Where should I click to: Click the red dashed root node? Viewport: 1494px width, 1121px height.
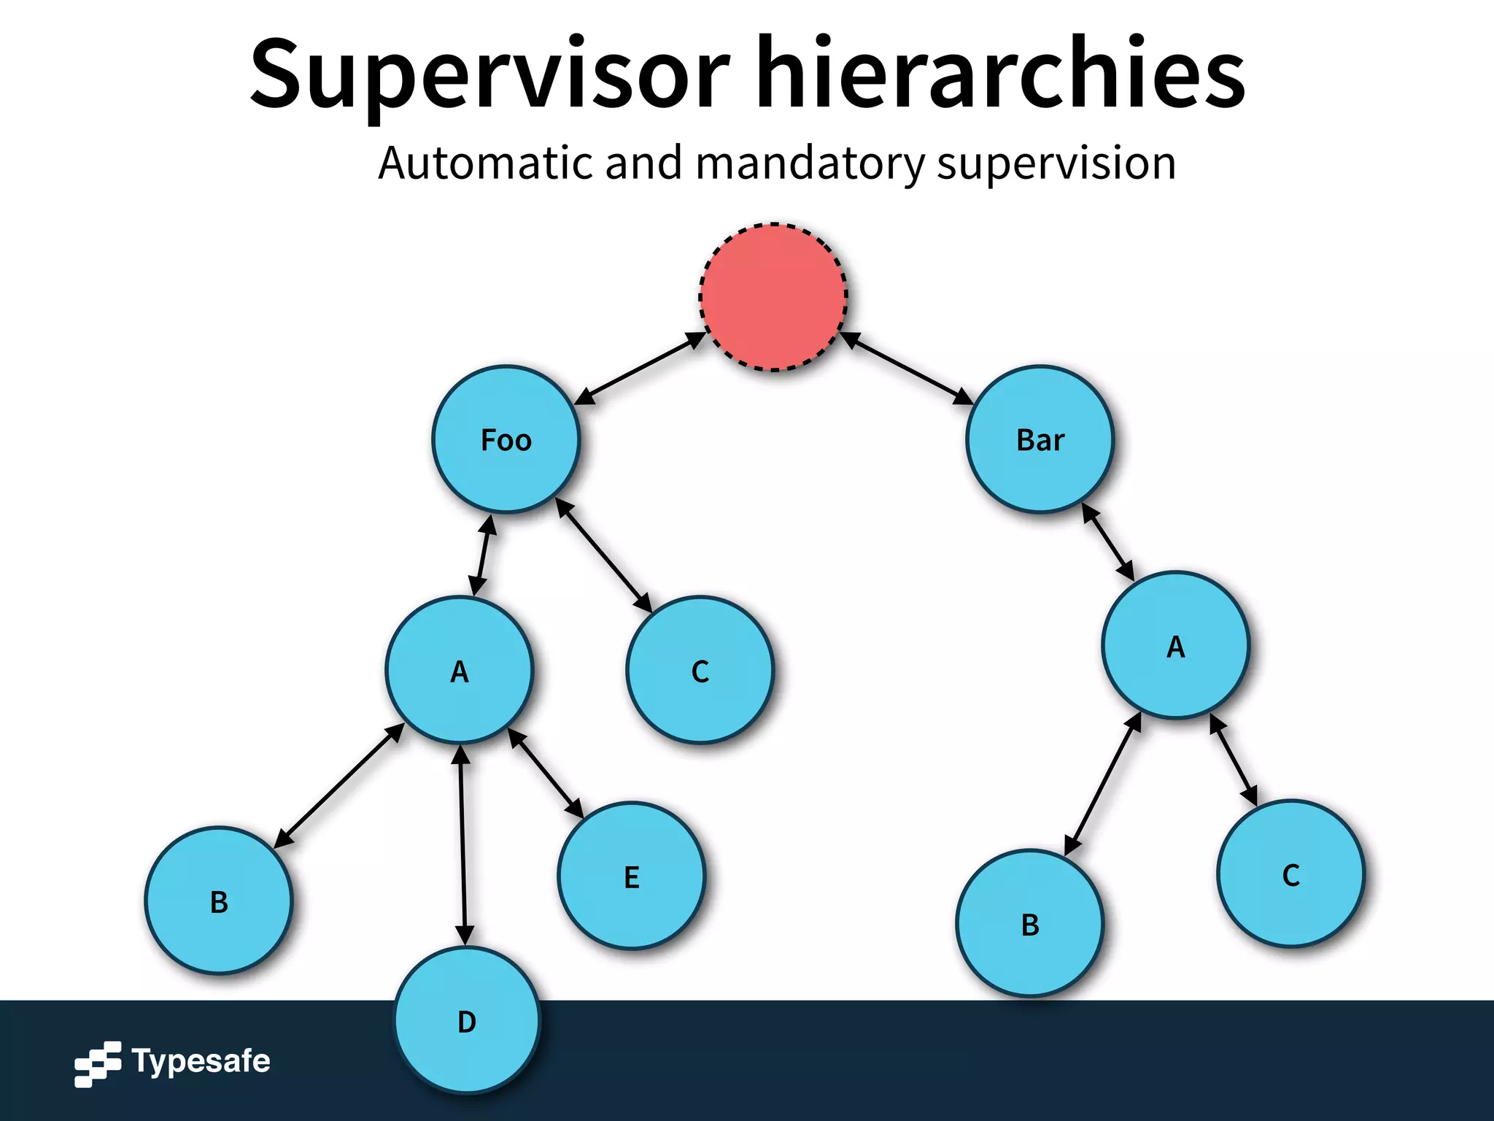click(x=773, y=297)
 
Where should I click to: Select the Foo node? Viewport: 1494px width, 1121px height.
click(x=506, y=439)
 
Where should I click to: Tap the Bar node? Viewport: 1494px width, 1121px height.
click(x=1040, y=439)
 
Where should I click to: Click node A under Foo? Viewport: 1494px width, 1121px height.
click(x=459, y=671)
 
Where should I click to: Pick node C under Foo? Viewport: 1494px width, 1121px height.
click(x=700, y=671)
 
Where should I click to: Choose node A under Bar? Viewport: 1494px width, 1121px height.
click(x=1175, y=646)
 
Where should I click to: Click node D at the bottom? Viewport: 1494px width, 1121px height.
click(x=467, y=1020)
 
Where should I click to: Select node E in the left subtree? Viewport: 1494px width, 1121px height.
click(x=632, y=876)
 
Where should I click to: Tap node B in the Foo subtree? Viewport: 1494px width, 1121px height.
click(x=219, y=901)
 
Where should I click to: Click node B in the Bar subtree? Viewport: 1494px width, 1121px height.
click(x=1030, y=923)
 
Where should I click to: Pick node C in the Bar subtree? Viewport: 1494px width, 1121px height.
click(x=1290, y=874)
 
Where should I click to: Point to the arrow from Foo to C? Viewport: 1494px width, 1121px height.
click(x=604, y=555)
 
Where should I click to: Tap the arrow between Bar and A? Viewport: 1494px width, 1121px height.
click(x=1107, y=542)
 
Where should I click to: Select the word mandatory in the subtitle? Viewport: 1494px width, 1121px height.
click(x=810, y=163)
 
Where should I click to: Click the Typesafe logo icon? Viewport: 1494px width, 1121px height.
click(x=98, y=1063)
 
